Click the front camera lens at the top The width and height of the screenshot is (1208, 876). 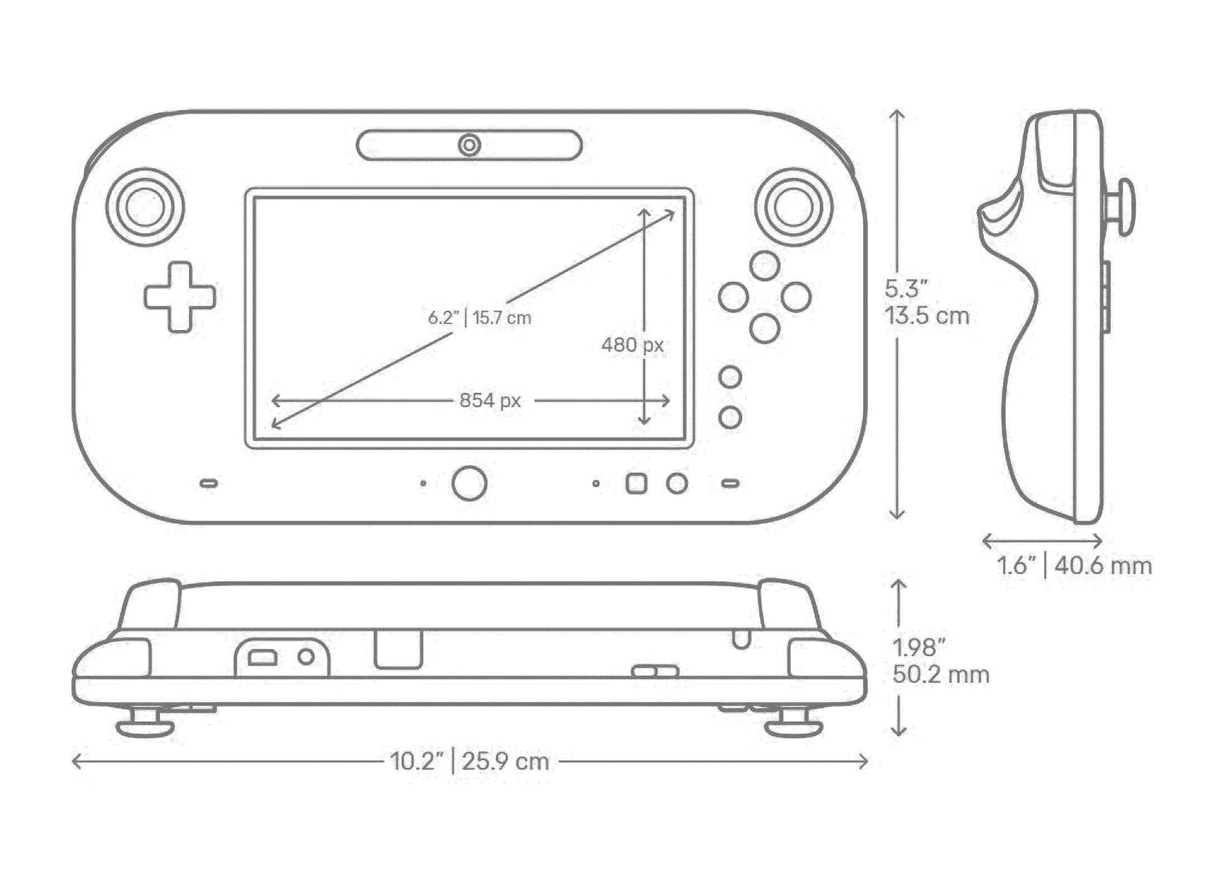(469, 145)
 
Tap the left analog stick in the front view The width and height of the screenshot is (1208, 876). (145, 207)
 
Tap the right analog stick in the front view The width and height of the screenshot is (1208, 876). (793, 207)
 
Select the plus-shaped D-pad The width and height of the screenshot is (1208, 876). (180, 297)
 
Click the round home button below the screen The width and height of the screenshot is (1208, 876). (469, 483)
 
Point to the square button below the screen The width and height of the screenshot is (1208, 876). (636, 484)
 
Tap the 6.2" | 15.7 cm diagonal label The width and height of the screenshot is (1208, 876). (479, 318)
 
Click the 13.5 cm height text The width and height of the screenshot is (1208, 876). (927, 317)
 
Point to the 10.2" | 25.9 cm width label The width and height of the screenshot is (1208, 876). (470, 761)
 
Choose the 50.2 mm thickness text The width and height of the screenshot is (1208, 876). (941, 675)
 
